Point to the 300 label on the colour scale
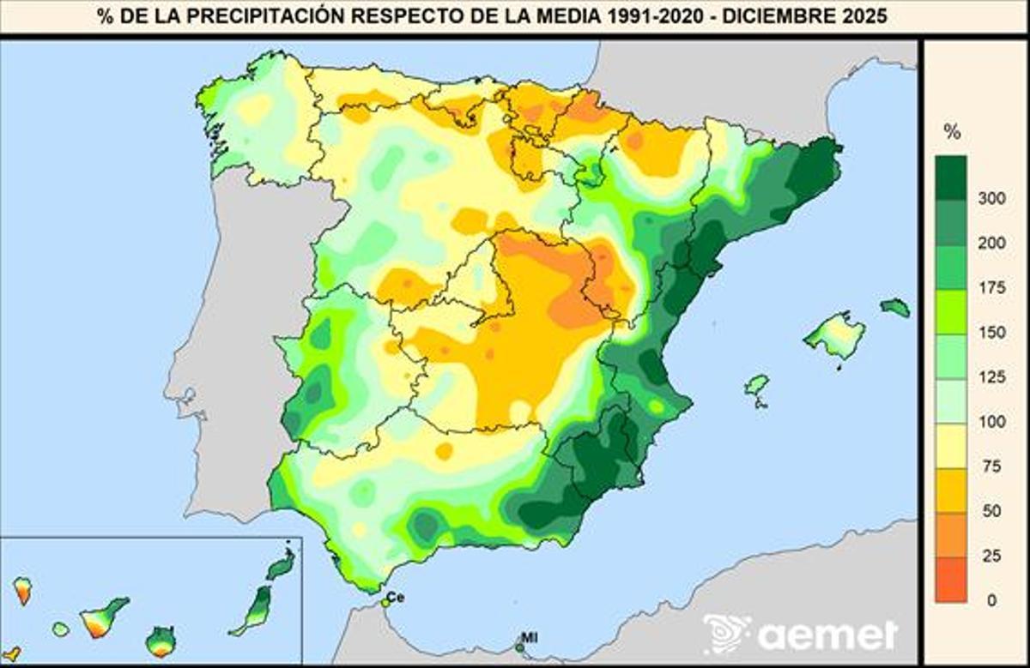(991, 199)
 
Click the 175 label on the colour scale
(991, 288)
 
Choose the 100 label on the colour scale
(991, 422)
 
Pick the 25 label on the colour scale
(991, 556)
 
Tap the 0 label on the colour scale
(992, 600)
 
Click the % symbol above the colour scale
(952, 132)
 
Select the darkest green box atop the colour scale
(951, 177)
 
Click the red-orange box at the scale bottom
(951, 578)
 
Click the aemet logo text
(828, 635)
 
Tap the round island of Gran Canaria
(161, 641)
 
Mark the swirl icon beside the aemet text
(725, 634)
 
